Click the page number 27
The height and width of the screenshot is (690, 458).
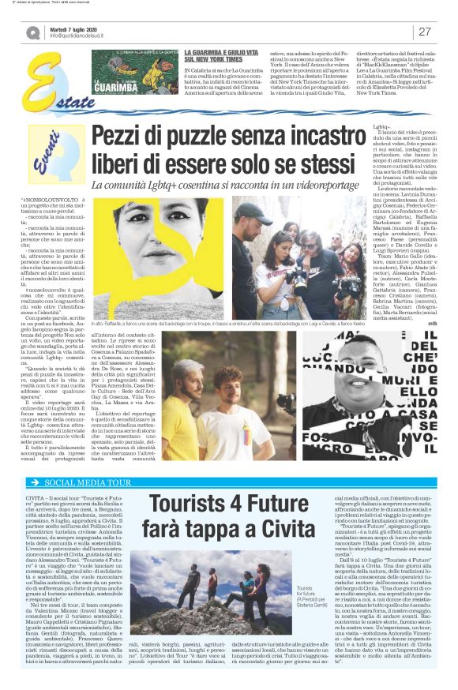point(424,32)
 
